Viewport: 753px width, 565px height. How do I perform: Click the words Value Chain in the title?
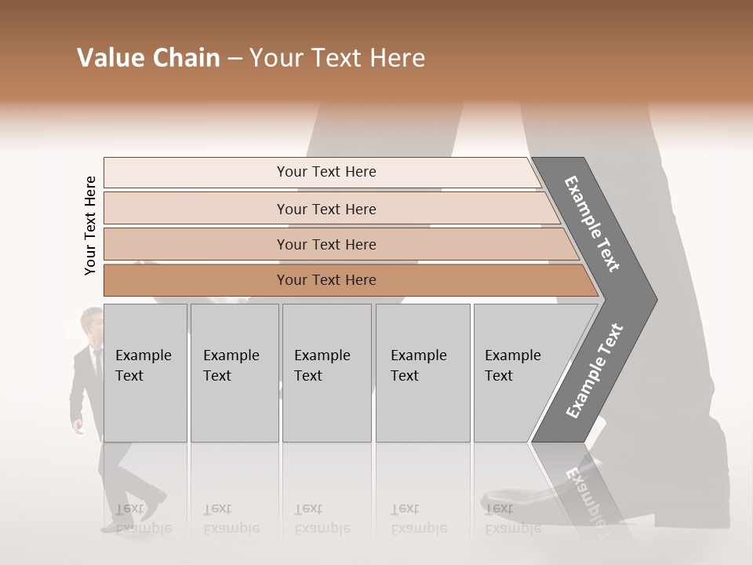(148, 58)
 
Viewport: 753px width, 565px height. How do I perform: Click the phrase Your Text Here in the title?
(337, 58)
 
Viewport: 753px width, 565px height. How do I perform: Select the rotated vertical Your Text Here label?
(90, 225)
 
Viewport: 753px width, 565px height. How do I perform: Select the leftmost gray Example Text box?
(145, 373)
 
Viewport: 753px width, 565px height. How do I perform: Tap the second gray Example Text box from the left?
(235, 373)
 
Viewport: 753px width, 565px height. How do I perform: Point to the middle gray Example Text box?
(326, 373)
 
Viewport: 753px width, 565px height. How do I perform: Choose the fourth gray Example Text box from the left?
(423, 373)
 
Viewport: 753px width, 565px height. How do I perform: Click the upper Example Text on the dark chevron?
(593, 224)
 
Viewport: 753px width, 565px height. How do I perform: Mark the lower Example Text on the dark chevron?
(595, 370)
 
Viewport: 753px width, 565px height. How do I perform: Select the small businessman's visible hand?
(78, 428)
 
